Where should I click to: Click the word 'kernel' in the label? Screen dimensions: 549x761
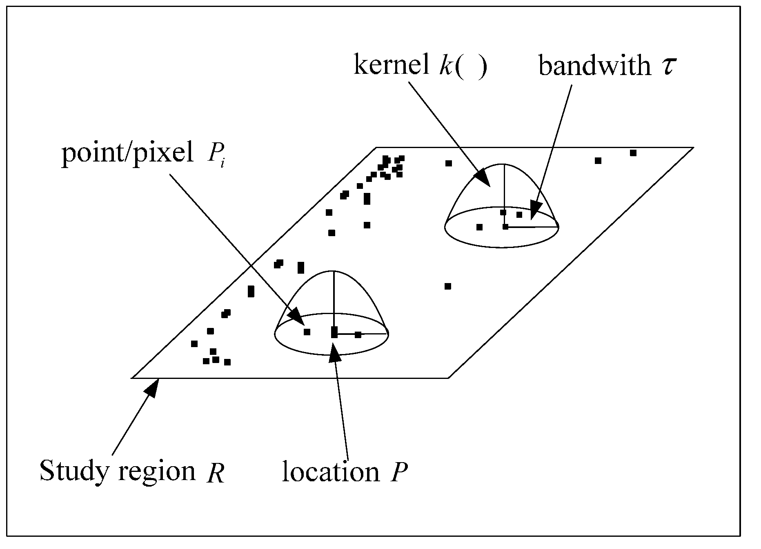(x=391, y=65)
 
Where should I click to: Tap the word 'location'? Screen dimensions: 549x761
(x=331, y=472)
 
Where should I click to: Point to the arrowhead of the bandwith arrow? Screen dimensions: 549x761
(x=535, y=212)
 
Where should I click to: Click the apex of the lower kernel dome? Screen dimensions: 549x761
(x=334, y=271)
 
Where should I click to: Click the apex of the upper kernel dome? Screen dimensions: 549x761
(x=504, y=164)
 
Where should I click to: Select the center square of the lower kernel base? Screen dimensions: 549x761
(x=334, y=333)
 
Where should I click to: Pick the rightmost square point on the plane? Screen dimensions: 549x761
(x=633, y=153)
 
